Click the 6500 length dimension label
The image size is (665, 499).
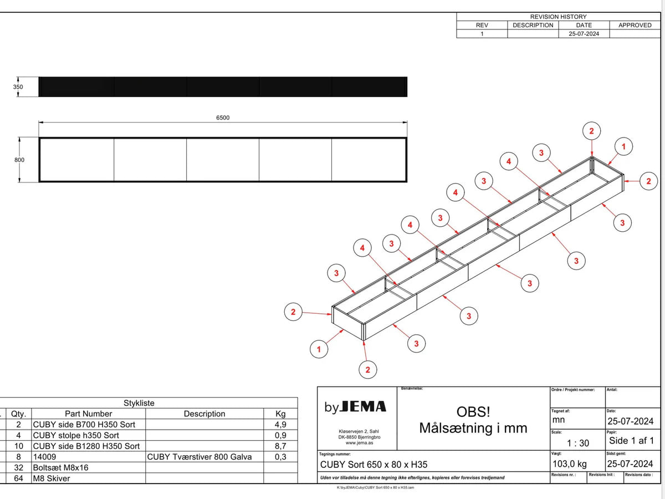tap(223, 118)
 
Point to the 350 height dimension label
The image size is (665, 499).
tap(18, 87)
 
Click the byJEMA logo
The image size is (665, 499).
tap(355, 407)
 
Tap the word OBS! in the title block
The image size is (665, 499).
tap(473, 412)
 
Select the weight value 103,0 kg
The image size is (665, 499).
tap(570, 464)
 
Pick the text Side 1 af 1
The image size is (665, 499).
tap(632, 441)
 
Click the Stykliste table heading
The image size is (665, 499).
tap(139, 403)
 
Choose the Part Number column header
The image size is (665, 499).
tap(88, 414)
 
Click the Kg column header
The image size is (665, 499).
tap(280, 414)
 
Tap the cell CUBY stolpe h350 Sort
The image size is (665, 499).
tap(76, 435)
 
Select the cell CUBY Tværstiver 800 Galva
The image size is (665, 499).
tap(199, 457)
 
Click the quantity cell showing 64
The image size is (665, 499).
tap(19, 478)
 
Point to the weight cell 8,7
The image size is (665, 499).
tap(280, 446)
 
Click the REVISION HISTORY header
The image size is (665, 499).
tap(558, 17)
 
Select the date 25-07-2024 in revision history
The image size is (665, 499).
tap(584, 33)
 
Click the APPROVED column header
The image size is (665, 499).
tap(635, 25)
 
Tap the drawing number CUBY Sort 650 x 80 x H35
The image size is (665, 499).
tap(374, 465)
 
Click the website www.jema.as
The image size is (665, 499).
tap(359, 443)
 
